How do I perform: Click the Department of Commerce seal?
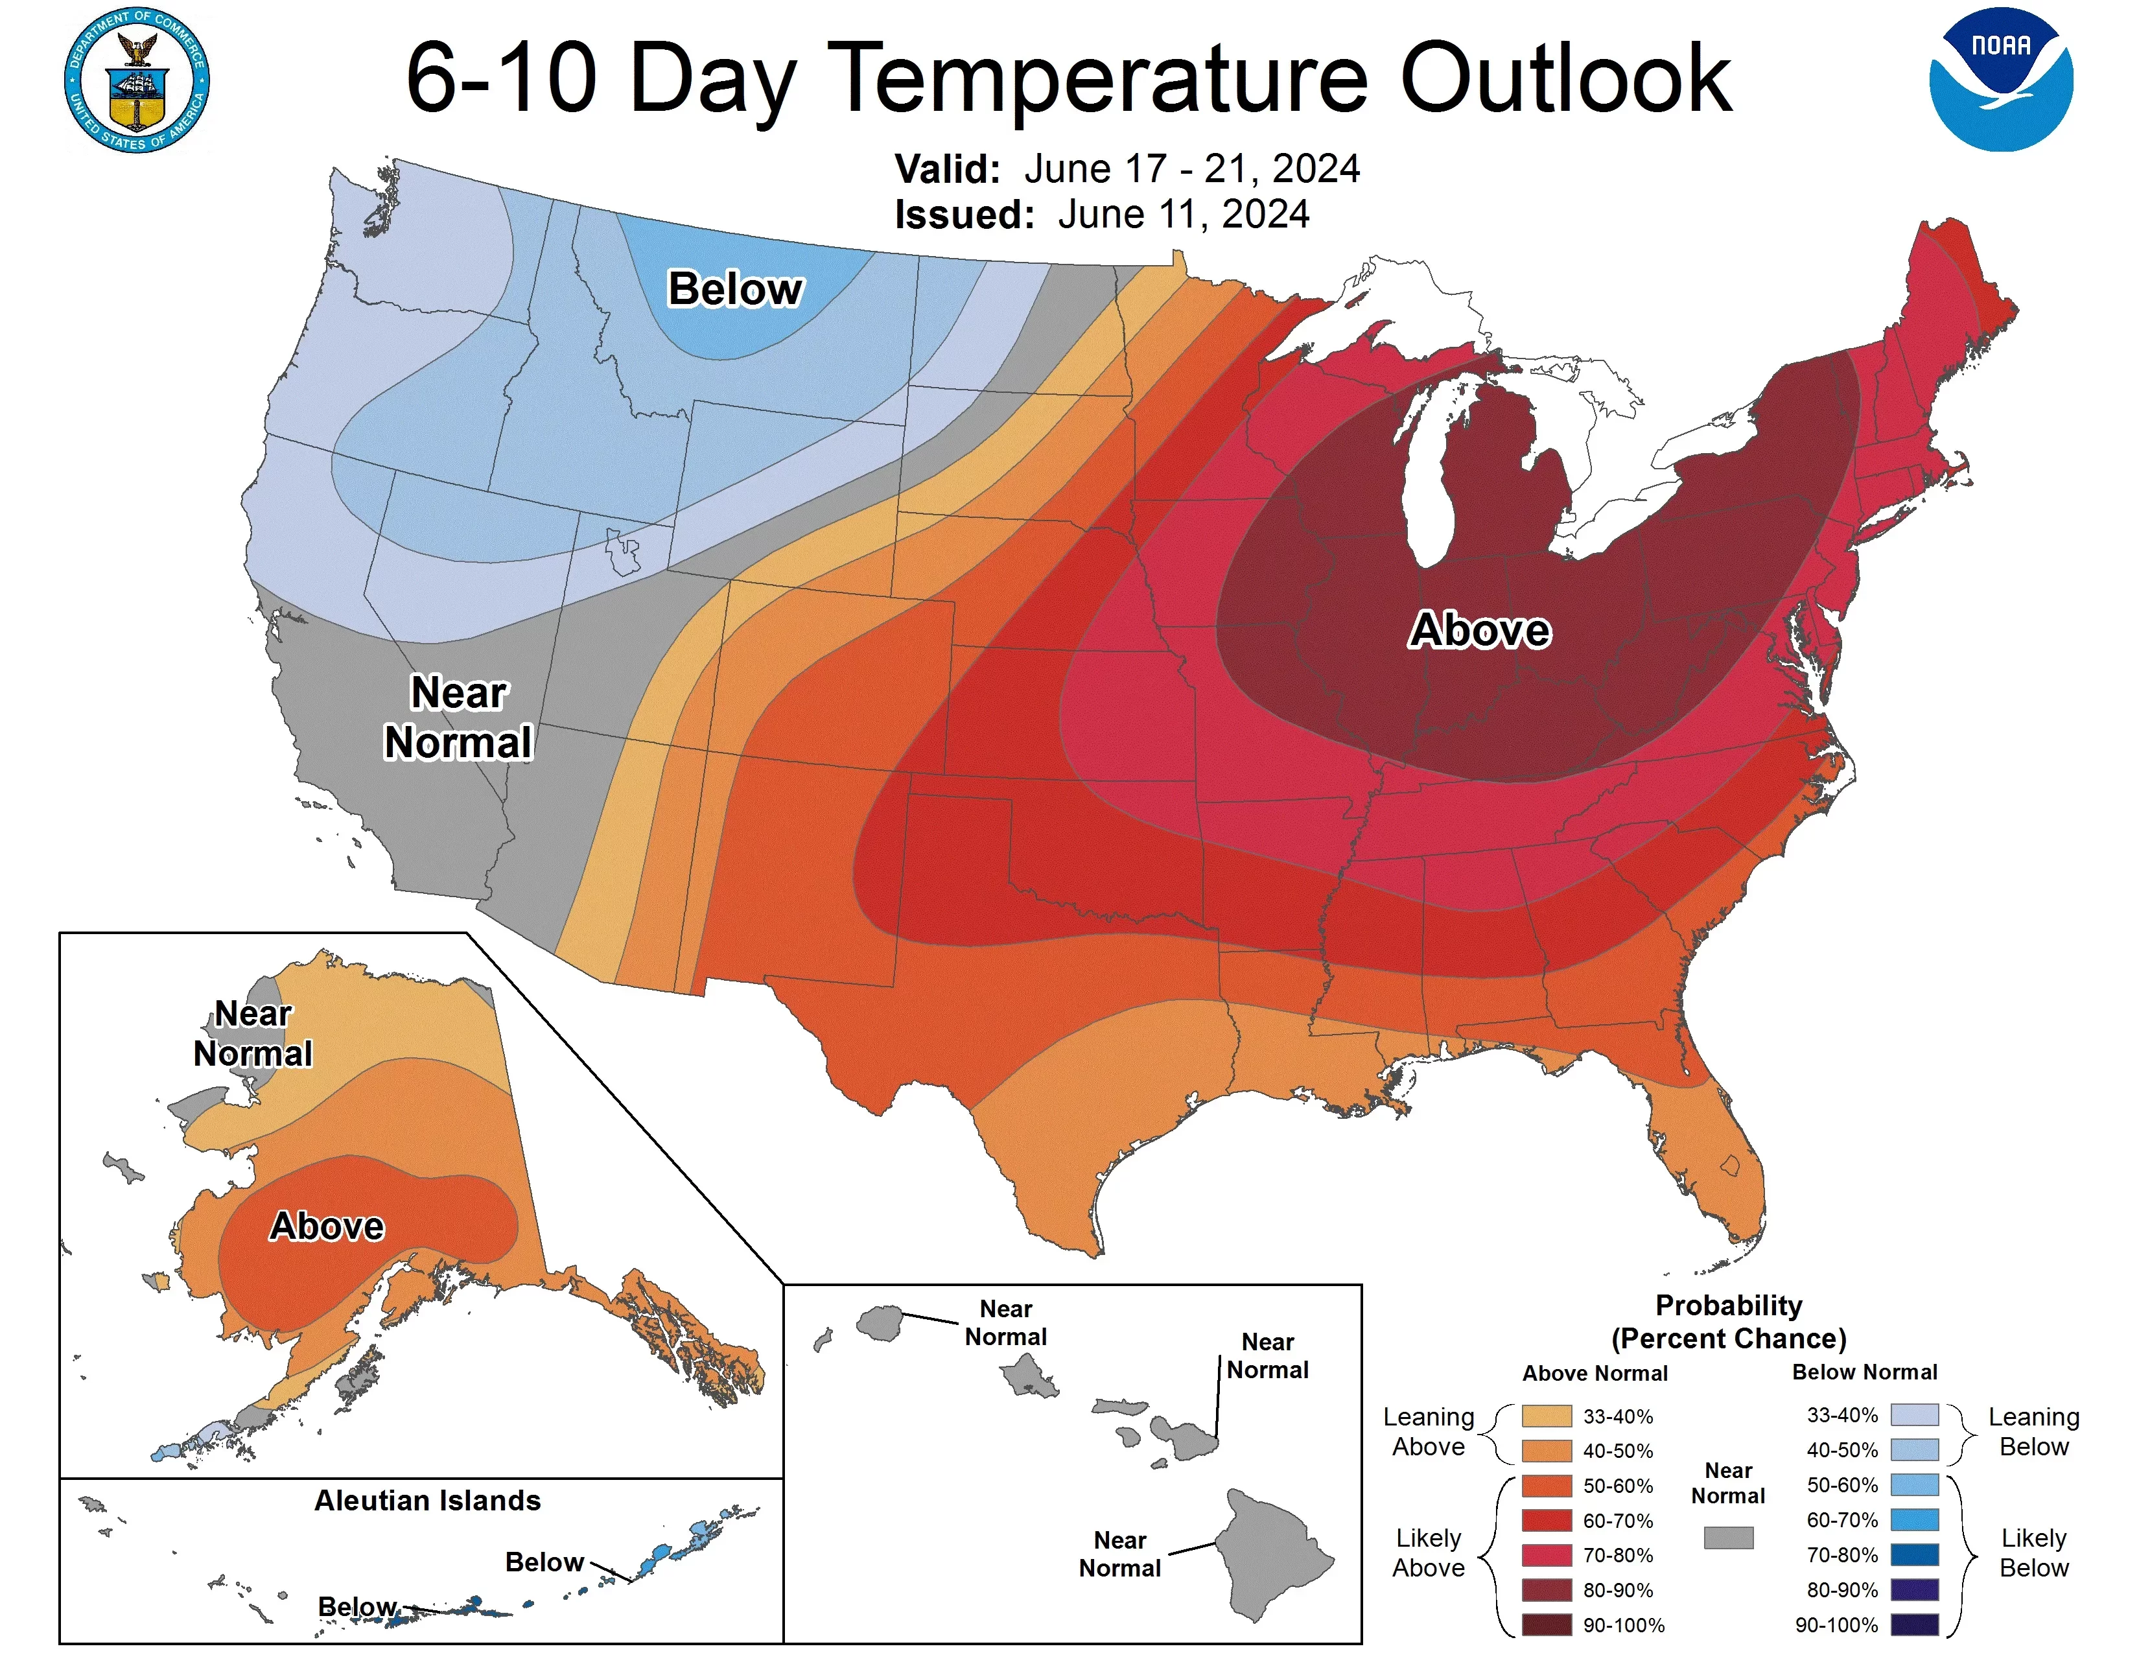(x=137, y=80)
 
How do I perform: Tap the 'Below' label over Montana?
(x=734, y=290)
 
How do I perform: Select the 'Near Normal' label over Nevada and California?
(x=458, y=718)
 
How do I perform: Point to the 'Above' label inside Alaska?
(x=327, y=1226)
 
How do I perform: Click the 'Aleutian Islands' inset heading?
(x=427, y=1500)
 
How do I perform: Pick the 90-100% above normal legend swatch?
(x=1547, y=1624)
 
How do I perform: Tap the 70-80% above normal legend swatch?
(x=1547, y=1555)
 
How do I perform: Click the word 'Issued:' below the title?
(x=964, y=215)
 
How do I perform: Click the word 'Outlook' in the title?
(x=1565, y=78)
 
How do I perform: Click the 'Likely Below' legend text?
(x=2033, y=1553)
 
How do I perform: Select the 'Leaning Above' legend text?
(x=1428, y=1432)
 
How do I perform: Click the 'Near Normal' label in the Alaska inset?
(x=253, y=1034)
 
